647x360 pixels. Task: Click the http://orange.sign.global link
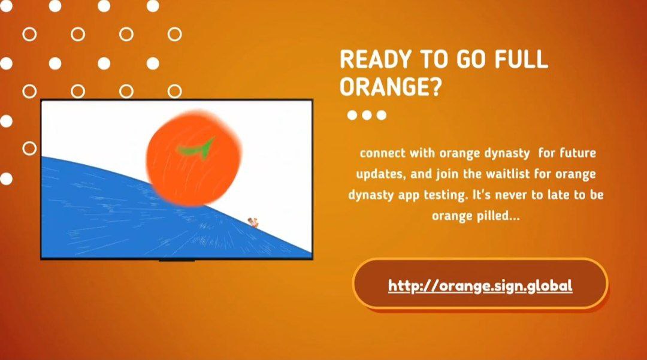click(480, 286)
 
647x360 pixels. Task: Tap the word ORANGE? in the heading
click(391, 87)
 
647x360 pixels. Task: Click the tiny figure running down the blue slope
click(253, 223)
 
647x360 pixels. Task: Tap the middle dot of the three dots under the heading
click(367, 115)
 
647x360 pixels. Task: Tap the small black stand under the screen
click(177, 260)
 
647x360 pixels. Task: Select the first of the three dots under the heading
click(352, 115)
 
